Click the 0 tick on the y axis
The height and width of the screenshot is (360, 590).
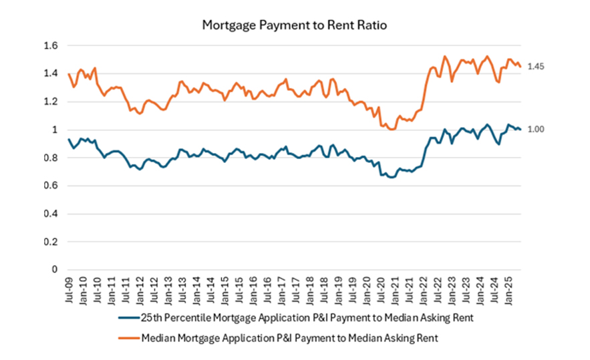coord(54,270)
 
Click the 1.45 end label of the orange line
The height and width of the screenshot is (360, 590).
coord(537,67)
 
